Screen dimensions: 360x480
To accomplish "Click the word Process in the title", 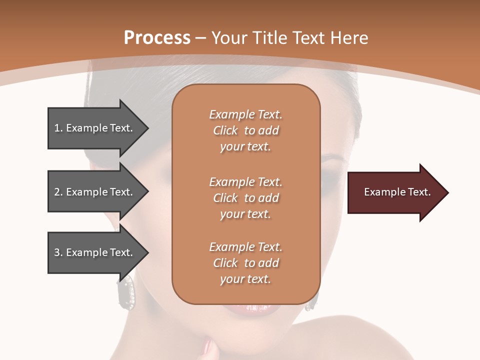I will click(x=157, y=38).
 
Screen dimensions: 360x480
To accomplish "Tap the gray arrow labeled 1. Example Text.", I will click(x=95, y=128).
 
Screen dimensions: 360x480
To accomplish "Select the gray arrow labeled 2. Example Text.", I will click(x=95, y=192).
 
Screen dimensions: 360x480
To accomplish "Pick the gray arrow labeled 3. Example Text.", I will click(x=95, y=252).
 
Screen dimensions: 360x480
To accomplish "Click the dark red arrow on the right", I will click(x=395, y=192).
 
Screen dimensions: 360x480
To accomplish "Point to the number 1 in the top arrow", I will click(x=57, y=128).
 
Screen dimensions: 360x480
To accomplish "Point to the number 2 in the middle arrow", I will click(x=57, y=192).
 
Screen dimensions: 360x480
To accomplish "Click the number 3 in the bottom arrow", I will click(x=57, y=252).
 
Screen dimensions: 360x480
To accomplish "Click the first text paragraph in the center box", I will click(x=245, y=130).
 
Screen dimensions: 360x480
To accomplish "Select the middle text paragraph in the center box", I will click(x=245, y=198).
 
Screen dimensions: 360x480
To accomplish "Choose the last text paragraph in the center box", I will click(x=245, y=263).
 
